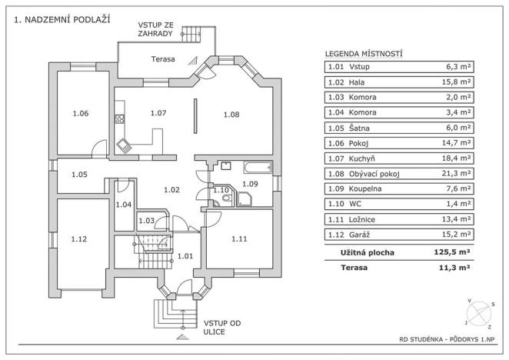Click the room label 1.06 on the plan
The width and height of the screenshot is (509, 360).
tap(80, 114)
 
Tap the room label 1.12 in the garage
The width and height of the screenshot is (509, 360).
tap(79, 239)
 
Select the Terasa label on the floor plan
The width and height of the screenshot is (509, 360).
tap(162, 59)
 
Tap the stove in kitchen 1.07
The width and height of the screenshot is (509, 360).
tap(119, 119)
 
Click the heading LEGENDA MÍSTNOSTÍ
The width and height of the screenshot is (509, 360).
tap(364, 54)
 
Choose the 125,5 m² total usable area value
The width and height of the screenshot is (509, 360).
tap(451, 252)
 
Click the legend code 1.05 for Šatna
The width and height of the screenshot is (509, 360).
tap(335, 128)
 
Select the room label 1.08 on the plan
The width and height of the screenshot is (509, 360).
tap(231, 115)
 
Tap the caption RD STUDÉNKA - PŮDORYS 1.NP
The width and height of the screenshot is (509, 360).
tap(447, 339)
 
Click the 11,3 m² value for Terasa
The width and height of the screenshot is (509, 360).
tap(454, 268)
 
